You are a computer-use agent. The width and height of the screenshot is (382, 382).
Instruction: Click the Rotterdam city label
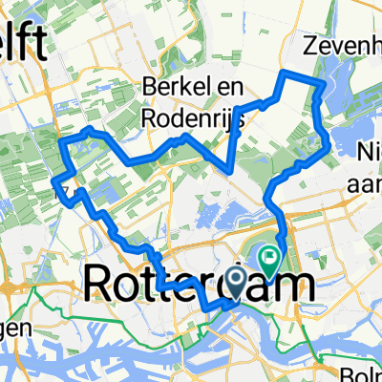pos(201,284)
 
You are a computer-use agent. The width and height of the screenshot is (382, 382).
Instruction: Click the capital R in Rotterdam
pos(99,284)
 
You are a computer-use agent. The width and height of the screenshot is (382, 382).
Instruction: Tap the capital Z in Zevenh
pos(309,44)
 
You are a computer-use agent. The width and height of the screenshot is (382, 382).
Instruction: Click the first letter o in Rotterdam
pos(130,286)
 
